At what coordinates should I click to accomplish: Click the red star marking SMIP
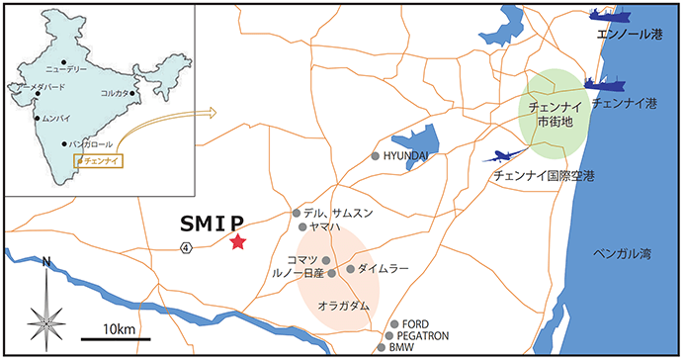click(x=237, y=241)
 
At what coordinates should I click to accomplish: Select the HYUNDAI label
click(x=408, y=156)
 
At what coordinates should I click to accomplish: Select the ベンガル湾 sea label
click(x=624, y=254)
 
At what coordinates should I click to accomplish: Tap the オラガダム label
click(x=344, y=307)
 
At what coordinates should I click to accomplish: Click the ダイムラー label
click(x=381, y=268)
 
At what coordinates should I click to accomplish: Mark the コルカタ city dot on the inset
click(x=131, y=93)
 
